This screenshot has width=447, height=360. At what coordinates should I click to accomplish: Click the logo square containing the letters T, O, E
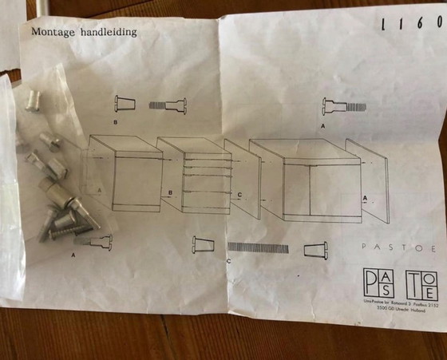(x=421, y=284)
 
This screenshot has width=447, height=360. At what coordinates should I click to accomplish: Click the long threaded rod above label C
(x=258, y=247)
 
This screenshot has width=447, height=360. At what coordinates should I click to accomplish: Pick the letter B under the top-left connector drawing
(x=116, y=123)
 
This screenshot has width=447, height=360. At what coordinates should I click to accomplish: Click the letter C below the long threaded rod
(x=229, y=261)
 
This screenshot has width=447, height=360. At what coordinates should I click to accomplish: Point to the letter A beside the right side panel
(x=365, y=196)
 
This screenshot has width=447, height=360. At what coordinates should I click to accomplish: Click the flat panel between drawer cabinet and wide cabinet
(x=243, y=179)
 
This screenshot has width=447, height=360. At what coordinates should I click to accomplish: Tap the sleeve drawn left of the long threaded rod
(x=203, y=244)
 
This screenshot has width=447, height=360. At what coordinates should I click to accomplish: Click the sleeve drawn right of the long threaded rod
(x=316, y=250)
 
